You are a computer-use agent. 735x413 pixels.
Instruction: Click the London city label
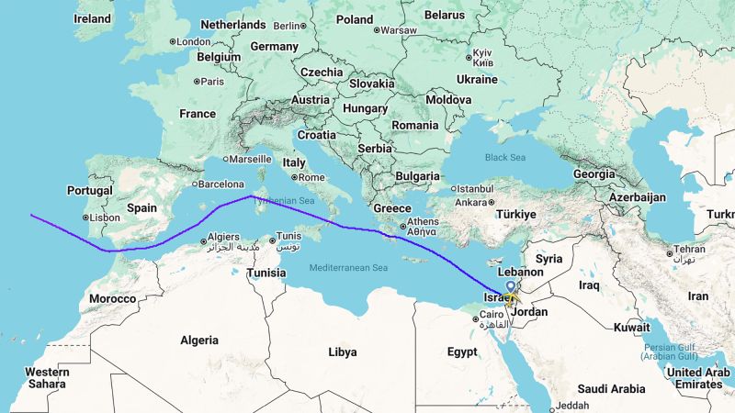[193, 41]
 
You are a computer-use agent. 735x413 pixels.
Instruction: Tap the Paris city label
[212, 82]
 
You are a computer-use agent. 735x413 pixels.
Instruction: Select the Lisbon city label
[104, 218]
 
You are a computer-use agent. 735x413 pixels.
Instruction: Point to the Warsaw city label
[398, 30]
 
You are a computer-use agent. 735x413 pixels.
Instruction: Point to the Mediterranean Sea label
[349, 266]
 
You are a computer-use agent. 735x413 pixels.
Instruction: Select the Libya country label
[343, 352]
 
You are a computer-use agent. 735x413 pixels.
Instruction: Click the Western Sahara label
[47, 377]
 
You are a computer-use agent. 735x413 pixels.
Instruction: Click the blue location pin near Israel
[510, 286]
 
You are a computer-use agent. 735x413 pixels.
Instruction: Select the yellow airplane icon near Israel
[512, 297]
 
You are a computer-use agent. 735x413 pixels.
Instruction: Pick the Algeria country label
[199, 340]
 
